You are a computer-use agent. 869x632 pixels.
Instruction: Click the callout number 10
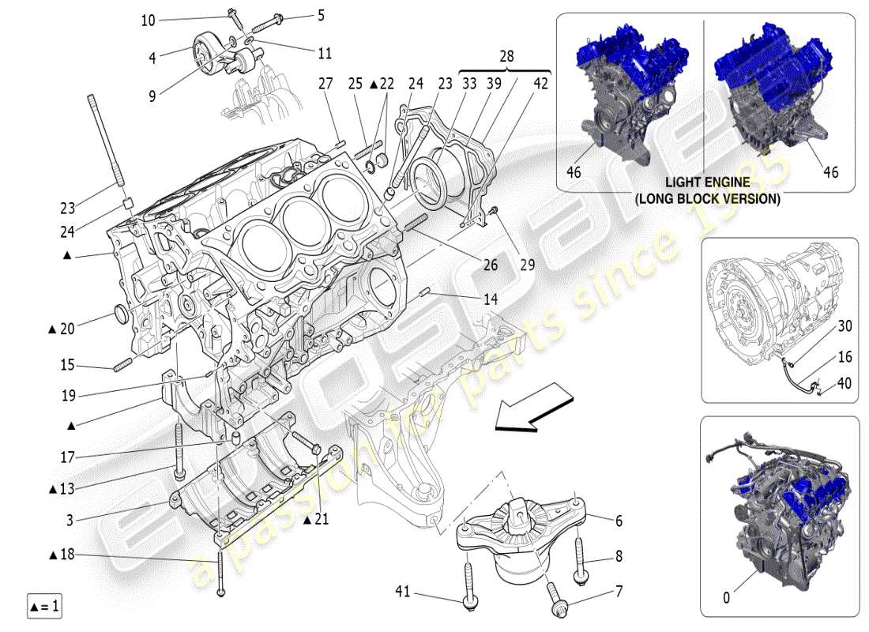(149, 21)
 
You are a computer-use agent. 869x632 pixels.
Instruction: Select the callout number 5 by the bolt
(299, 14)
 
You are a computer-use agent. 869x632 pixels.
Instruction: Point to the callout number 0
(726, 598)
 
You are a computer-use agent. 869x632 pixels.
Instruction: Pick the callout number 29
(528, 265)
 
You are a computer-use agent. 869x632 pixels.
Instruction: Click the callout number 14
(491, 300)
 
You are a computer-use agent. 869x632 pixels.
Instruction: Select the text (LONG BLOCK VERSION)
(708, 198)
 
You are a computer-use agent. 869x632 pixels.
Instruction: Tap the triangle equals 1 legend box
(43, 607)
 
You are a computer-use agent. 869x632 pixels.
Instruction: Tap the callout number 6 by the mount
(619, 521)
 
